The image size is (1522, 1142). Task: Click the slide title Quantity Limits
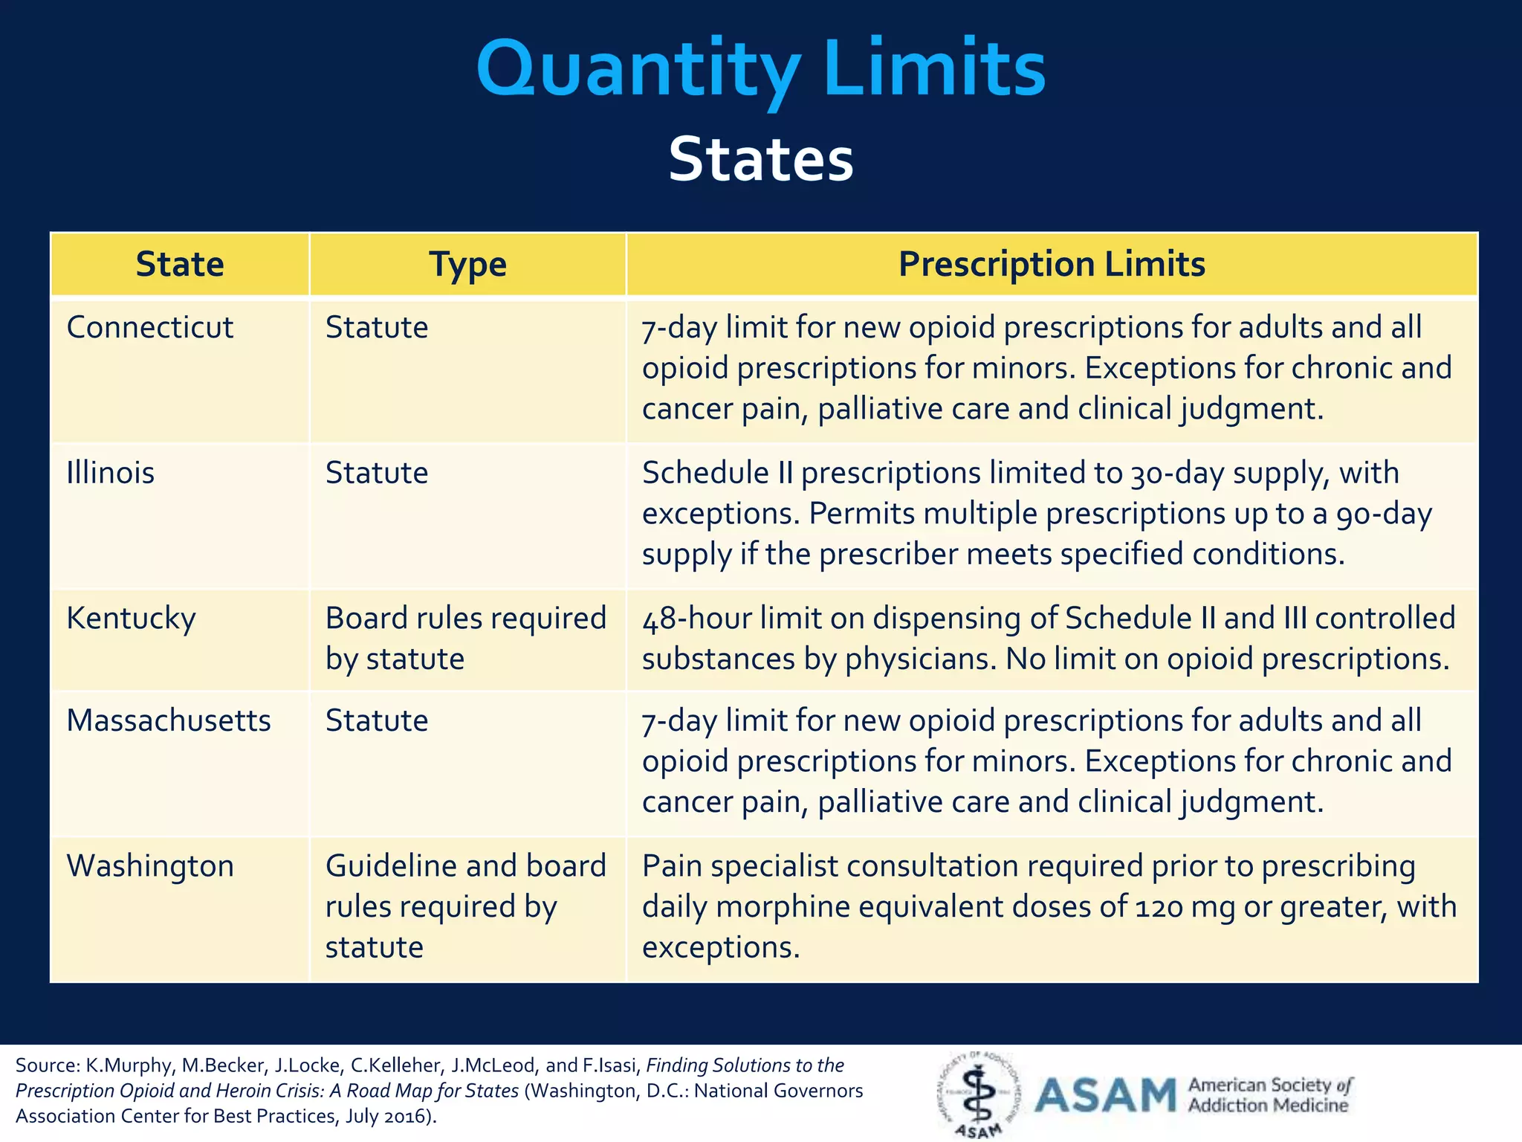click(761, 68)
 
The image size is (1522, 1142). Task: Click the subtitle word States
click(761, 159)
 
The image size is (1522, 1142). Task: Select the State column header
click(180, 264)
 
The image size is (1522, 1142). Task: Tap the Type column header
click(467, 264)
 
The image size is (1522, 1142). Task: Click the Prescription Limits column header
click(1051, 264)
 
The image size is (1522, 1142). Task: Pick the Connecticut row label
click(149, 327)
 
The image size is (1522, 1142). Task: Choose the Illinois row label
click(110, 473)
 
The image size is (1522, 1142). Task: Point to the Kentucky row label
click(131, 619)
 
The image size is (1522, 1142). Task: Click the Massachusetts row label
click(169, 720)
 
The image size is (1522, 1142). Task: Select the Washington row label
click(150, 866)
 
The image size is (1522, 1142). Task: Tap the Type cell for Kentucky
click(465, 638)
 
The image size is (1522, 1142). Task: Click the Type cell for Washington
click(465, 906)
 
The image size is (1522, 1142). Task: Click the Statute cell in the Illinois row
click(377, 473)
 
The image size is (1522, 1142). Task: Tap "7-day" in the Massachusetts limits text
click(679, 720)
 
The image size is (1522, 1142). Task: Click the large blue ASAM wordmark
click(1105, 1095)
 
